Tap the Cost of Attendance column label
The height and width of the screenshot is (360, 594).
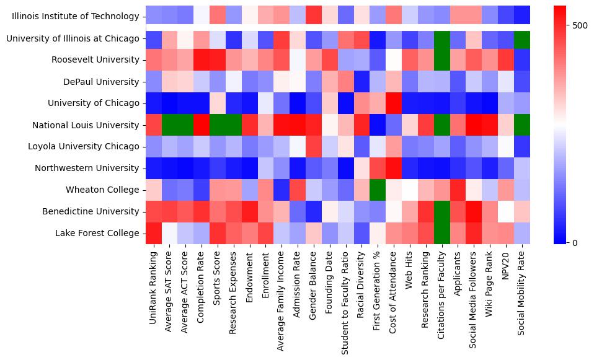(x=393, y=291)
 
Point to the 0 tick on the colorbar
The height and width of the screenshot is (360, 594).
(x=566, y=242)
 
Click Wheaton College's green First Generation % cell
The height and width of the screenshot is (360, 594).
(x=376, y=190)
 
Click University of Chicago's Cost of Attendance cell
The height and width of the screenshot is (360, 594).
(x=394, y=103)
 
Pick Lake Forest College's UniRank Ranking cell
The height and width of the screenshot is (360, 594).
(x=154, y=233)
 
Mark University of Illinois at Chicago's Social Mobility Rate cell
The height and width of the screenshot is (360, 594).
(x=522, y=38)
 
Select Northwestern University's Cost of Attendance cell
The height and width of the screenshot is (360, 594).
(x=394, y=168)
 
